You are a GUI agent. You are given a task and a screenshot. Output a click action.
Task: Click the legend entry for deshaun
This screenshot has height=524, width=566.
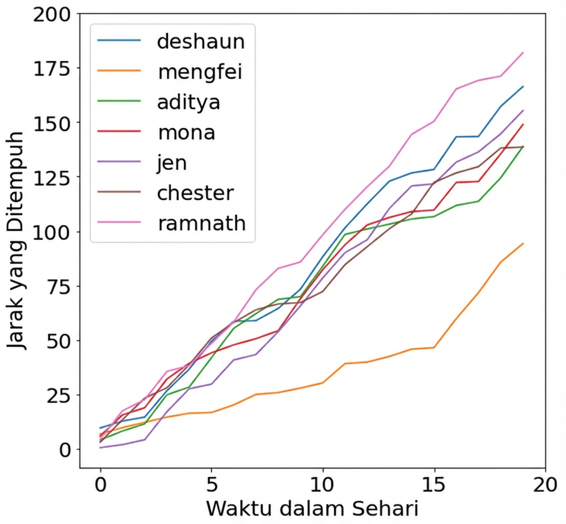pyautogui.click(x=201, y=41)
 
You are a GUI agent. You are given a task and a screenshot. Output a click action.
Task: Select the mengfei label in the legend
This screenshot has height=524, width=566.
pyautogui.click(x=200, y=71)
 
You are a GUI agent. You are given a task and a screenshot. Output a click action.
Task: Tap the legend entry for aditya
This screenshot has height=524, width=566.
pyautogui.click(x=188, y=102)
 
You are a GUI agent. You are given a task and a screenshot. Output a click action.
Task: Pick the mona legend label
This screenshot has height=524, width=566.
pyautogui.click(x=186, y=132)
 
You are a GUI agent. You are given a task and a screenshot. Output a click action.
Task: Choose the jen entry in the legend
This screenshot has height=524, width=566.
pyautogui.click(x=172, y=163)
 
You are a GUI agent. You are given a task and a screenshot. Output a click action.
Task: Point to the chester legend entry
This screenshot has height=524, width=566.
pyautogui.click(x=195, y=193)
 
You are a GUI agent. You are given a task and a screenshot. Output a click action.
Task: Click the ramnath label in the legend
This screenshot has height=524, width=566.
pyautogui.click(x=201, y=223)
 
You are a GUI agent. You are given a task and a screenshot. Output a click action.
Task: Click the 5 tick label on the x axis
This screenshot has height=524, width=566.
pyautogui.click(x=211, y=485)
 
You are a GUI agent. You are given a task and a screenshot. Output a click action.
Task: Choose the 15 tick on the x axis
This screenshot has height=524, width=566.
pyautogui.click(x=433, y=485)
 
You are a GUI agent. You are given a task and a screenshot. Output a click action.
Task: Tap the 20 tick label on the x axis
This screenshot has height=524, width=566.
pyautogui.click(x=544, y=485)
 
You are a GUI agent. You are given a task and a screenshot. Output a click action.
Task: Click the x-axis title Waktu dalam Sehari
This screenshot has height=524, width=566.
pyautogui.click(x=312, y=509)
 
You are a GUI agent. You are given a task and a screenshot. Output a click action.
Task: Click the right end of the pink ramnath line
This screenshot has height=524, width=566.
pyautogui.click(x=523, y=52)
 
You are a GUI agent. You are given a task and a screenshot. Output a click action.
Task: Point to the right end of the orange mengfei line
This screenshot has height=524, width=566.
pyautogui.click(x=523, y=244)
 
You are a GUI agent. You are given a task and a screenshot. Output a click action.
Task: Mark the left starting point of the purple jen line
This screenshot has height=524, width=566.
pyautogui.click(x=100, y=448)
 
